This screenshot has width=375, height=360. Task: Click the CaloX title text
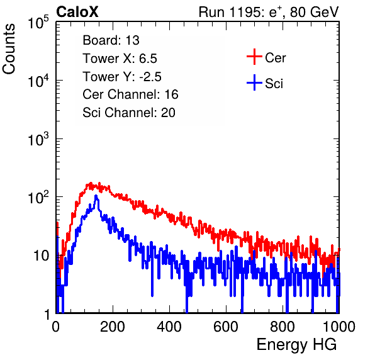[77, 12]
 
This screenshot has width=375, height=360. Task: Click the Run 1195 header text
[269, 12]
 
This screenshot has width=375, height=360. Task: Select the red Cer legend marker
[254, 57]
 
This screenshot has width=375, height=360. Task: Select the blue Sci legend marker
[254, 82]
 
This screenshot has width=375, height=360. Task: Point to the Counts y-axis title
[9, 49]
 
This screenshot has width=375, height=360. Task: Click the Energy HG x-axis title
[296, 344]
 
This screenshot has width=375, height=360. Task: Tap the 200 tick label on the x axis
[113, 327]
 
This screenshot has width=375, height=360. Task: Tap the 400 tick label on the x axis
[169, 327]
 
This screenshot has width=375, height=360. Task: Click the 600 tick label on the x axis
[226, 327]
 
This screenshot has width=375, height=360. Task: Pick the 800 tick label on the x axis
[283, 327]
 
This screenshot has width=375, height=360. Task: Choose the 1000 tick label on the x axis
[339, 327]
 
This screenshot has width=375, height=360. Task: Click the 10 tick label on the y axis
[41, 256]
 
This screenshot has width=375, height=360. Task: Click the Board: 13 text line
[111, 40]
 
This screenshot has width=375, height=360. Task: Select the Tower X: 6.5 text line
[120, 59]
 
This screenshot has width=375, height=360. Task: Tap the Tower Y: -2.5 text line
[122, 77]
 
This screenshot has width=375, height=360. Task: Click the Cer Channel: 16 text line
[130, 94]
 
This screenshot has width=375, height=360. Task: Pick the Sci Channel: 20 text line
[129, 113]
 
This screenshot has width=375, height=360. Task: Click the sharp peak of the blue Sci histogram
[96, 196]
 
